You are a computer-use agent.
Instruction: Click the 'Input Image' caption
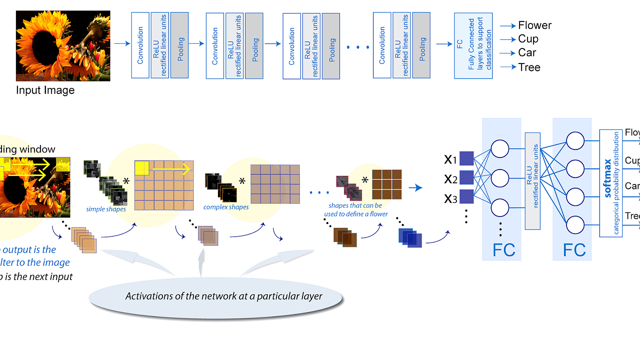(x=45, y=90)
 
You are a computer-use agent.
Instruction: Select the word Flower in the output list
(x=534, y=26)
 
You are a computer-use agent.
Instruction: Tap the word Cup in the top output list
(x=528, y=39)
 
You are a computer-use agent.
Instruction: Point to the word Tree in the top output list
(x=529, y=67)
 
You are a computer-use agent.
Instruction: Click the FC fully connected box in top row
(x=473, y=46)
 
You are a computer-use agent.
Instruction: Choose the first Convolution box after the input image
(x=140, y=45)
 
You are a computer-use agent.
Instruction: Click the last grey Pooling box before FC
(x=421, y=45)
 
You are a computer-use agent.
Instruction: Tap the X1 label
(x=450, y=160)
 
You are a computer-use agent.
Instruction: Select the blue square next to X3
(x=466, y=196)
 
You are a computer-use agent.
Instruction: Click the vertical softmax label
(x=608, y=178)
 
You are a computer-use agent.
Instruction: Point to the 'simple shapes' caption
(x=106, y=209)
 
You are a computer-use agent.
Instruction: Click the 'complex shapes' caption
(x=226, y=207)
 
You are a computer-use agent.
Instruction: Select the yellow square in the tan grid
(x=142, y=168)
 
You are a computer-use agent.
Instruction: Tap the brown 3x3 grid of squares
(x=387, y=184)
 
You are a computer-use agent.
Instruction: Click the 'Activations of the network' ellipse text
(x=224, y=296)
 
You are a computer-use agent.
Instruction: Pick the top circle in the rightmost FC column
(x=575, y=141)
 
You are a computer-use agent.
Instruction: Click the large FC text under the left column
(x=504, y=250)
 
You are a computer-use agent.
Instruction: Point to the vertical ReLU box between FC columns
(x=532, y=181)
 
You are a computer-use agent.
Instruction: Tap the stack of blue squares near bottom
(x=410, y=238)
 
